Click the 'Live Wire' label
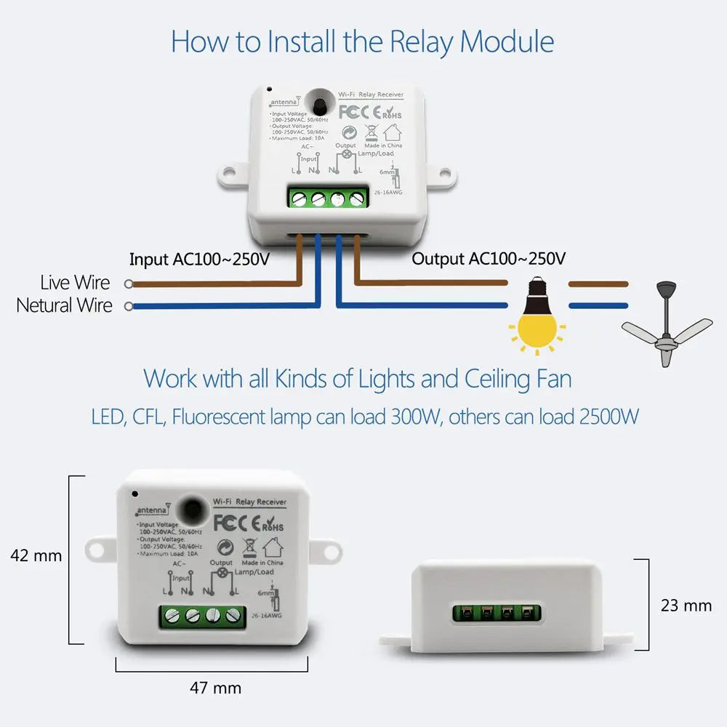(76, 283)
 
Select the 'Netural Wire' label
(65, 305)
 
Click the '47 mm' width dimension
(215, 687)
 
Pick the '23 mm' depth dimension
(686, 605)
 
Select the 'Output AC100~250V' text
(489, 260)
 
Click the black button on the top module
(318, 105)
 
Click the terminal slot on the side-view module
(498, 613)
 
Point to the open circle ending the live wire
(129, 284)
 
